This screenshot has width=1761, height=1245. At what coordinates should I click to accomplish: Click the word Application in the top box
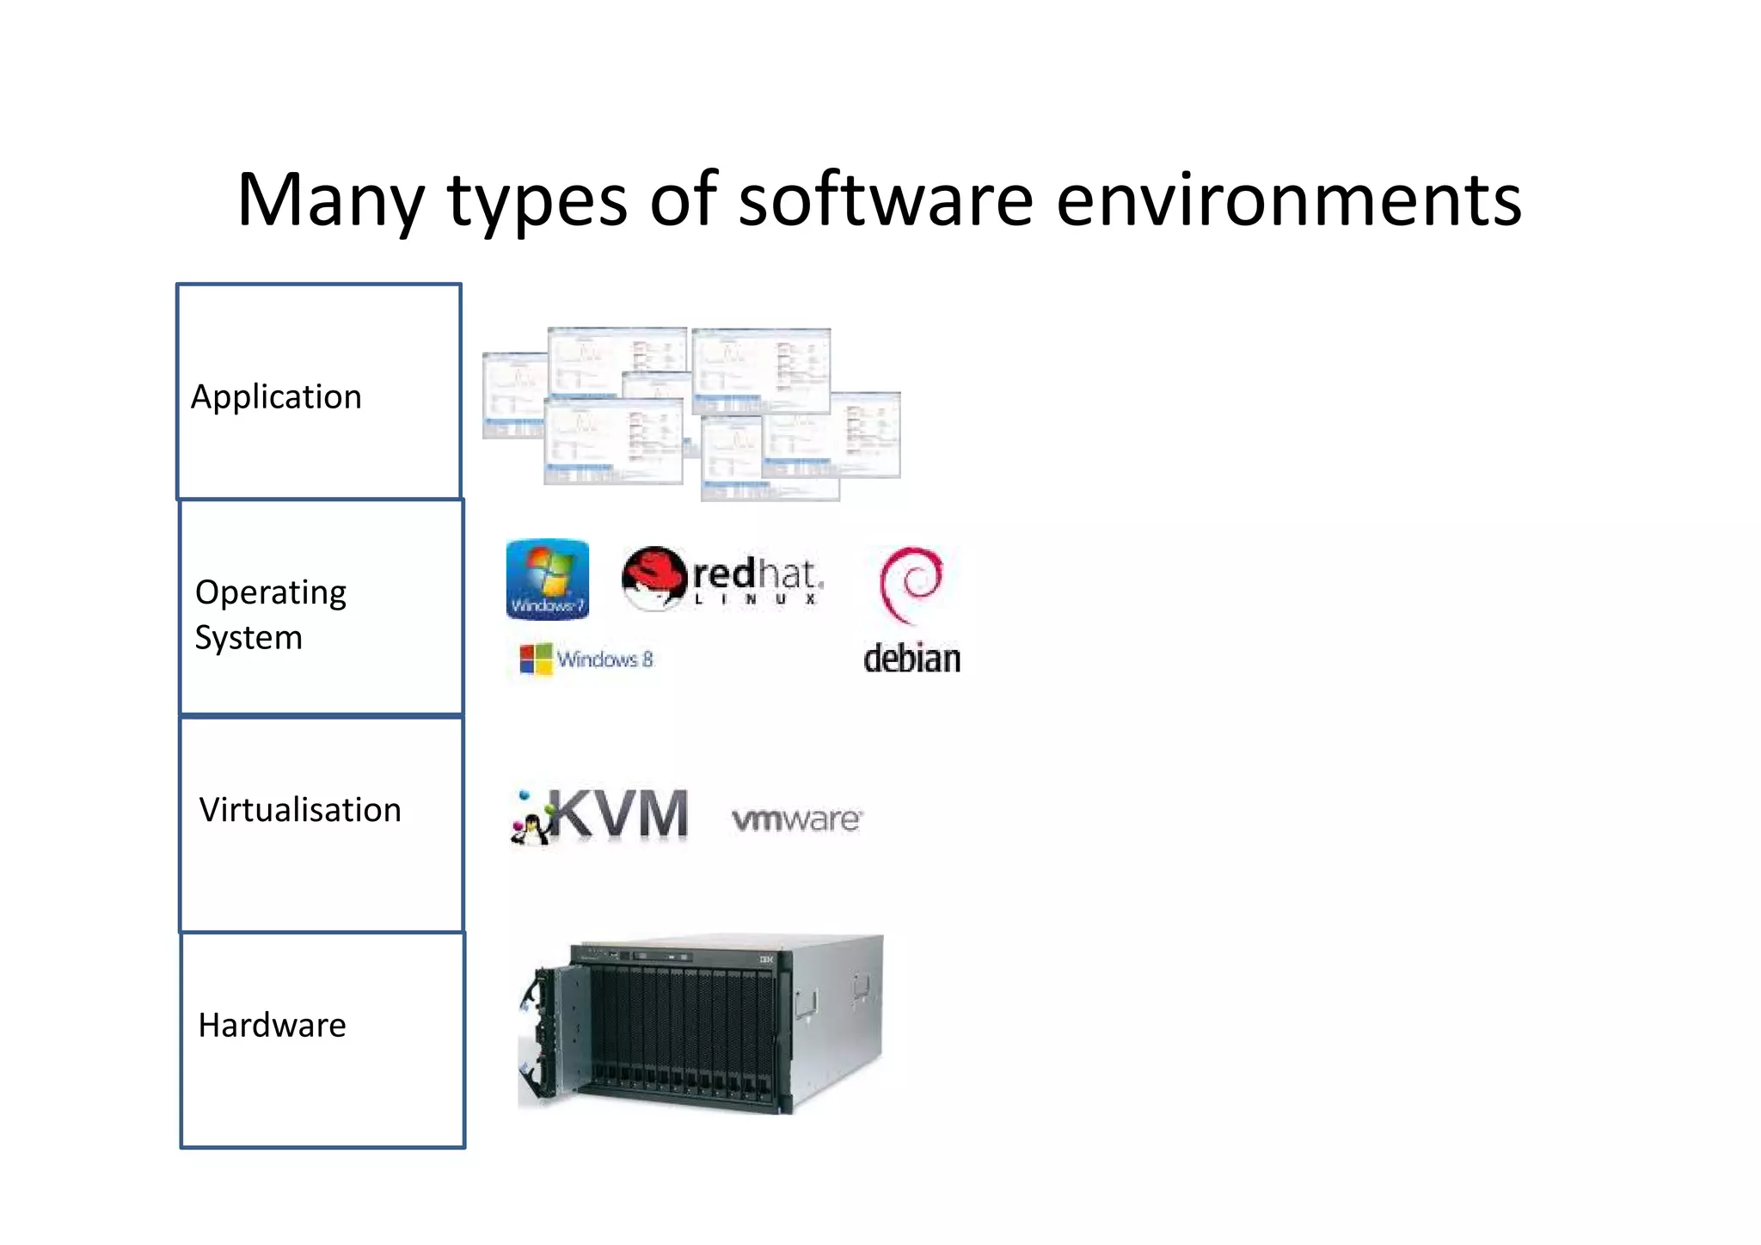pos(276,397)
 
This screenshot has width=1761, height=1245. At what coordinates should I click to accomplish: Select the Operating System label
pos(270,614)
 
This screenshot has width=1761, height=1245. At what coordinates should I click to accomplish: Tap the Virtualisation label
pos(300,810)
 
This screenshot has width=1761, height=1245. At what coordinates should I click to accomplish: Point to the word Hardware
pos(272,1025)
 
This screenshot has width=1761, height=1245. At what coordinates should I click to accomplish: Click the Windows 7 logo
pos(548,579)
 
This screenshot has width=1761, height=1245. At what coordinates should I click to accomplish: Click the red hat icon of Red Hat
pos(654,577)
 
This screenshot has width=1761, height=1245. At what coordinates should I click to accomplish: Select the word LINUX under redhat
pos(756,599)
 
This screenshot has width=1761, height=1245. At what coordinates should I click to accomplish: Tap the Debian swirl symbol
pos(911,584)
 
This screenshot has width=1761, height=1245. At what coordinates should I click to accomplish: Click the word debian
pos(911,659)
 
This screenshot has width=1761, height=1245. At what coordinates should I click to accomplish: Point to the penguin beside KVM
pos(531,826)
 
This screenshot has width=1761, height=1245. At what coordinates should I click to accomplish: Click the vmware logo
pos(796,819)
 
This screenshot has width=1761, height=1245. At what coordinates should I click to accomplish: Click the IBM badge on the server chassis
pos(766,959)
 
